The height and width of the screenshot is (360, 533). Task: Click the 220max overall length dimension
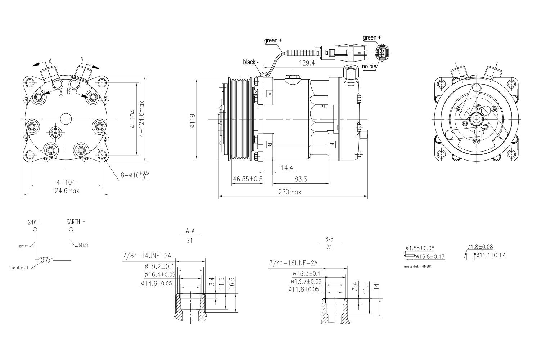point(290,192)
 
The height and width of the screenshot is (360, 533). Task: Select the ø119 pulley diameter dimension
point(193,121)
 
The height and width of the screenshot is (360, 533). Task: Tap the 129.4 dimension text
point(307,63)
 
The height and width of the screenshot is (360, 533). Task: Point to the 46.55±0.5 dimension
point(248,179)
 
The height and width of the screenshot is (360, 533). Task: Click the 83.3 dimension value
point(301,179)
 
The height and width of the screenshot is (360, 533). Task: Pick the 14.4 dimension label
point(287,168)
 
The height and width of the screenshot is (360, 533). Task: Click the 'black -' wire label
point(250,62)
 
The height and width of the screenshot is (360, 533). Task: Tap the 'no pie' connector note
point(369,67)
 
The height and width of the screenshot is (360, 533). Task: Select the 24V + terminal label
point(35,222)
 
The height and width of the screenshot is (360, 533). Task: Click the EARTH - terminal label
point(76,222)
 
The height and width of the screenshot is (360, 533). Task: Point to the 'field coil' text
point(19,268)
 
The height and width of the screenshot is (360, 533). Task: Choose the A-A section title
point(190,231)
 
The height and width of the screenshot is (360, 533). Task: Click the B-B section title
point(329,239)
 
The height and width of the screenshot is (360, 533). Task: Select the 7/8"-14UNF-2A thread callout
point(147,256)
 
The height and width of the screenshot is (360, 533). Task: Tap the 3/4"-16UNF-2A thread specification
point(293,263)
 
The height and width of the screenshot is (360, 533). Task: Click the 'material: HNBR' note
point(417,266)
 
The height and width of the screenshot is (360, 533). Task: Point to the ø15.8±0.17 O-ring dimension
point(430,257)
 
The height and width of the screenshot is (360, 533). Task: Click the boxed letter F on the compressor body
point(332,144)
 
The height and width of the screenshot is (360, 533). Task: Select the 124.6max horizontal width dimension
point(65,191)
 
